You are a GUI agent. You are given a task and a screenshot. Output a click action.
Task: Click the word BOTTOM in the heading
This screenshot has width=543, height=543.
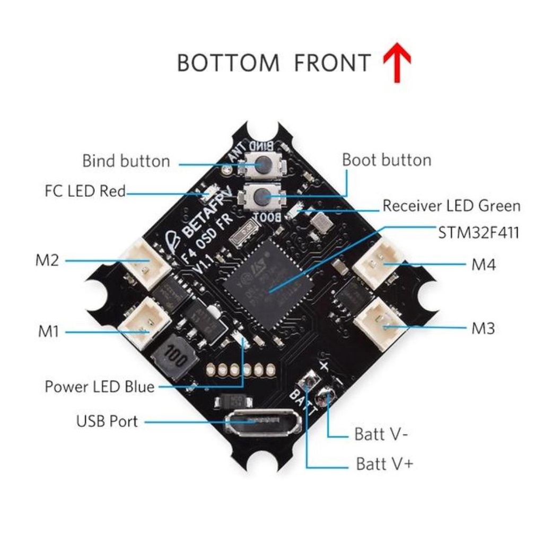pyautogui.click(x=228, y=63)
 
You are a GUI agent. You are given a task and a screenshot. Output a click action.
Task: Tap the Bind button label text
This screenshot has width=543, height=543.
pyautogui.click(x=126, y=161)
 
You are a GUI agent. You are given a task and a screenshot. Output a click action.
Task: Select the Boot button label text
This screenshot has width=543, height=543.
pyautogui.click(x=387, y=160)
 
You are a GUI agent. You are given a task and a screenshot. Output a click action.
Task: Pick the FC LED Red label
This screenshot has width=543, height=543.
pyautogui.click(x=85, y=191)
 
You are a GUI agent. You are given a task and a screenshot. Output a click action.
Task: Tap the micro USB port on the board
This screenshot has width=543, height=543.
pyautogui.click(x=262, y=423)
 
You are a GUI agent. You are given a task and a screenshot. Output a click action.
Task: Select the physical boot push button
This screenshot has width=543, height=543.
pyautogui.click(x=261, y=198)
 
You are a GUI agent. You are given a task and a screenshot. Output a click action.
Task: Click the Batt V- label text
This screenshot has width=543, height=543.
pyautogui.click(x=381, y=435)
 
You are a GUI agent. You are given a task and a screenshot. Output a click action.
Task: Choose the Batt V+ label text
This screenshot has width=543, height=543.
pyautogui.click(x=384, y=465)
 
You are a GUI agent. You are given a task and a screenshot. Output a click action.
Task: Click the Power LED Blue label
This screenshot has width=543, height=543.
pyautogui.click(x=100, y=386)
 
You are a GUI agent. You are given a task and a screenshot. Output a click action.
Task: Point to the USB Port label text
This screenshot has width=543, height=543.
pyautogui.click(x=107, y=422)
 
